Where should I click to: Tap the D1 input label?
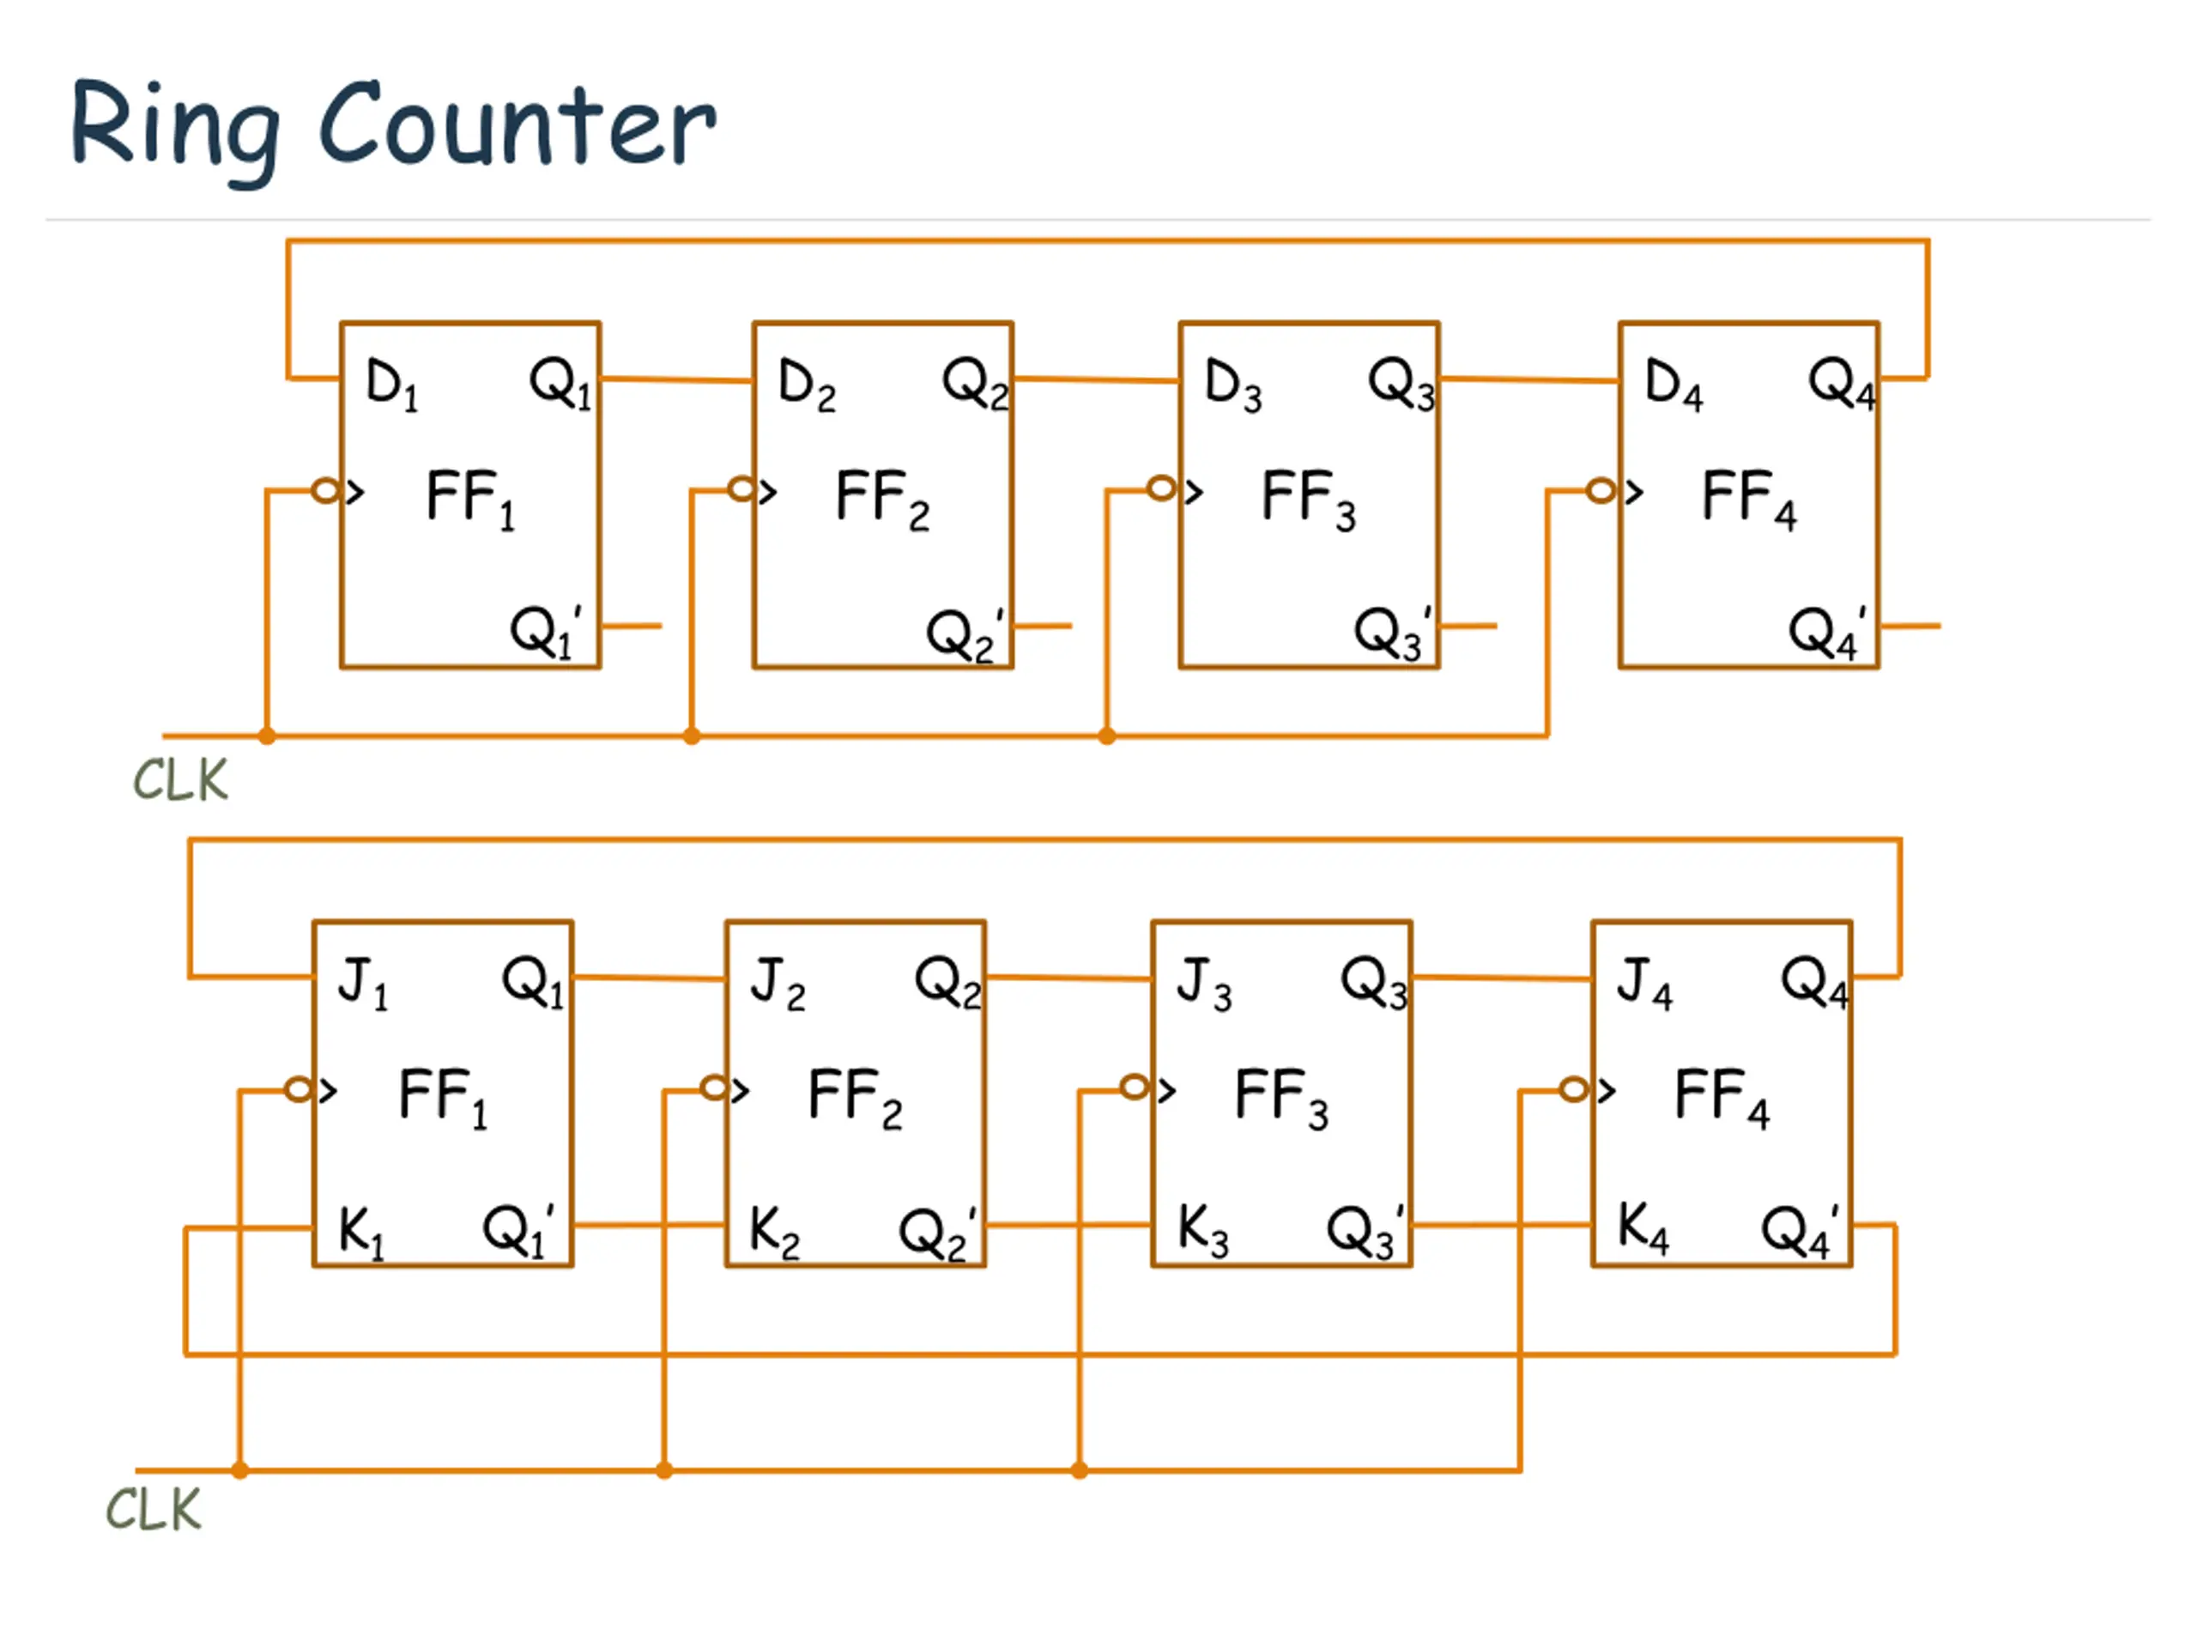pos(391,384)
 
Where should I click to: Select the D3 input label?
pos(1232,384)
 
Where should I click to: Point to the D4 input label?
pos(1673,384)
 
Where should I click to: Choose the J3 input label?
pos(1203,983)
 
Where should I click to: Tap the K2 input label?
pos(774,1232)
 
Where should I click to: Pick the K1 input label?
pos(360,1232)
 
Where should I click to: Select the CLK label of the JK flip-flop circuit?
pos(153,1510)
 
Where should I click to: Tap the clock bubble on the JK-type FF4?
pos(1573,1090)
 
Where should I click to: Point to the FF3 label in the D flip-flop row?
pos(1308,499)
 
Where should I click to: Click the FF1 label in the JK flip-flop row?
pos(443,1098)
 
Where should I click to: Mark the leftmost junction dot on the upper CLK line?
pos(267,736)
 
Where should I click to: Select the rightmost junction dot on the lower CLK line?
pos(1080,1470)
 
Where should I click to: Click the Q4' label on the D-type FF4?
pos(1825,632)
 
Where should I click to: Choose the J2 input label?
pos(777,983)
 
